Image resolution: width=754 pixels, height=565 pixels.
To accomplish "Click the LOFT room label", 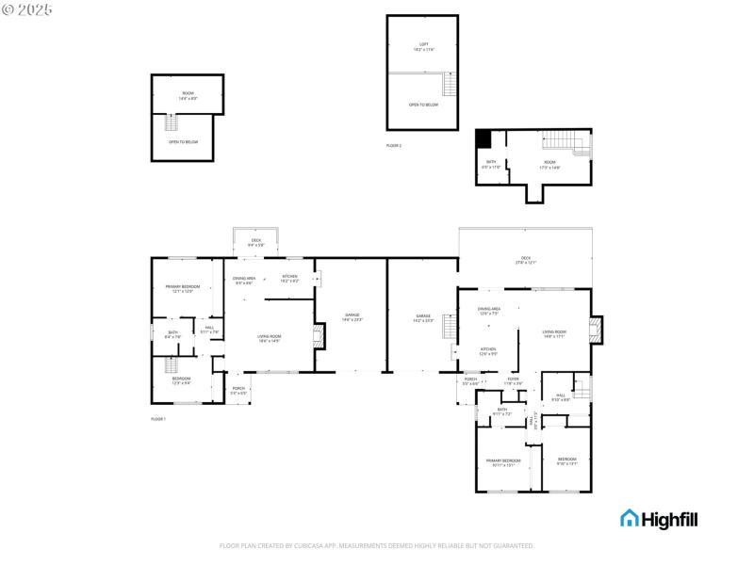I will tap(422, 46).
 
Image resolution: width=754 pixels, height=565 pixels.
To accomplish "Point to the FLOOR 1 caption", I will tap(157, 418).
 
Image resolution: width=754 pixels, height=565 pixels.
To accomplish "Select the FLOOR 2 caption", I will tap(393, 146).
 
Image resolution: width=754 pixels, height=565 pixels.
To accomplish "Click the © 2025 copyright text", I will tap(27, 8).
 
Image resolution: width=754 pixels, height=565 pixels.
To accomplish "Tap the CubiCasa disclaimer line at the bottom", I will tap(377, 545).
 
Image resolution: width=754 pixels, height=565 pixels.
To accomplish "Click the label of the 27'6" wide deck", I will tap(525, 261).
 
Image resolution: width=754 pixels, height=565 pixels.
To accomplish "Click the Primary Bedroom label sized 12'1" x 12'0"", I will tap(183, 288).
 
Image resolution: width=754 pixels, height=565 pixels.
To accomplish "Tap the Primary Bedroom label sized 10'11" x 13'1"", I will tap(502, 462).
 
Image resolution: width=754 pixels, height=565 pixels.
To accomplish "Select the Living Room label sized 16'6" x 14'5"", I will tap(270, 338).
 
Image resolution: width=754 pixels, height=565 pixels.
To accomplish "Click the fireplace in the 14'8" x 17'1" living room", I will tap(595, 329).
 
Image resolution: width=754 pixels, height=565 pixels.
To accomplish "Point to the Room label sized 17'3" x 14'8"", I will tap(549, 165).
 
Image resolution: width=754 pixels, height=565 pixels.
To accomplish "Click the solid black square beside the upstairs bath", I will tap(484, 138).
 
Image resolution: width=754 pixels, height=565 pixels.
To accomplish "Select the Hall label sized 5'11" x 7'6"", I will tap(209, 331).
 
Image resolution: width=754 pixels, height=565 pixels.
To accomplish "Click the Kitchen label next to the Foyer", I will tap(488, 351).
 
